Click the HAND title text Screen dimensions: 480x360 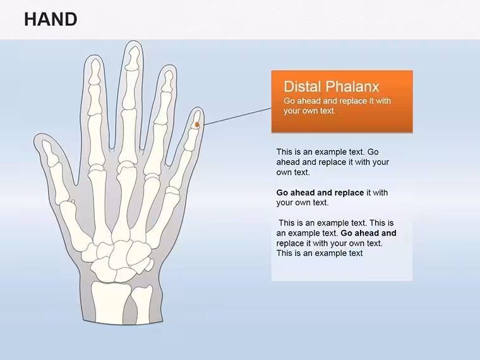[x=51, y=20]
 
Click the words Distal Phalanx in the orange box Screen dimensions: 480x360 [x=331, y=87]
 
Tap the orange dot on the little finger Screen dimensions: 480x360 [x=198, y=124]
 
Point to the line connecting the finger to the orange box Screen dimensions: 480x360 [x=237, y=116]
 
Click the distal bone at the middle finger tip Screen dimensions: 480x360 [x=133, y=58]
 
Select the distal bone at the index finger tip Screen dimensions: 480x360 [x=95, y=71]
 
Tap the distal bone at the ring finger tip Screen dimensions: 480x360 [x=167, y=81]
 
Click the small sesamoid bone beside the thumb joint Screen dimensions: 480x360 [x=73, y=201]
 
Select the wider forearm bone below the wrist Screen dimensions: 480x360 [x=110, y=302]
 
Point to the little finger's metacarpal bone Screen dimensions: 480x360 [x=163, y=218]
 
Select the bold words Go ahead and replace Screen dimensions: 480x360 [x=320, y=193]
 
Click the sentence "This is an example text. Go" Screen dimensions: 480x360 [x=327, y=152]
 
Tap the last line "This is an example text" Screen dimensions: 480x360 [x=320, y=253]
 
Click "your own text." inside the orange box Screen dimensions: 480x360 [x=309, y=111]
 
